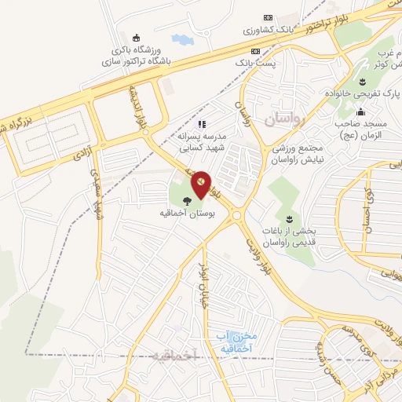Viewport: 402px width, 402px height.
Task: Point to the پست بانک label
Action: [x=252, y=60]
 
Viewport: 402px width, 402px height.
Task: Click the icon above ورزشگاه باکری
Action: [x=137, y=37]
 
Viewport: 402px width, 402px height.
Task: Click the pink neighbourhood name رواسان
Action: [x=284, y=119]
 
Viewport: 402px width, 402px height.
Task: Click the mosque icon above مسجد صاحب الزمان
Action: [x=360, y=111]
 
